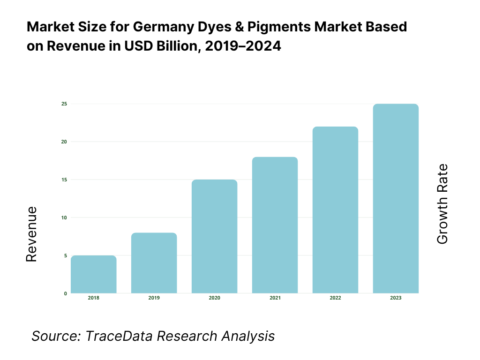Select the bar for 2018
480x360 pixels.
point(94,274)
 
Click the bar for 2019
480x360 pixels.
point(154,263)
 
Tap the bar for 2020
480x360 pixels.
point(214,236)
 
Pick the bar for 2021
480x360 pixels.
point(275,225)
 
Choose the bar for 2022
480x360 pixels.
point(335,210)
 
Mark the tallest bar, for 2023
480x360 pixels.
point(396,198)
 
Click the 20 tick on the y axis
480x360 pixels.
point(64,142)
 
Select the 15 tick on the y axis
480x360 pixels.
point(64,180)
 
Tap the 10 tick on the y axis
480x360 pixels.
point(64,217)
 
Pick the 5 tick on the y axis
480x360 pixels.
point(65,255)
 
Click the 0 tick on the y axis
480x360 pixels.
point(65,293)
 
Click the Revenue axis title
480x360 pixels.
point(31,234)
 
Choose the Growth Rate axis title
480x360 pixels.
point(442,204)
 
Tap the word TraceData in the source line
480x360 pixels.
point(120,336)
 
